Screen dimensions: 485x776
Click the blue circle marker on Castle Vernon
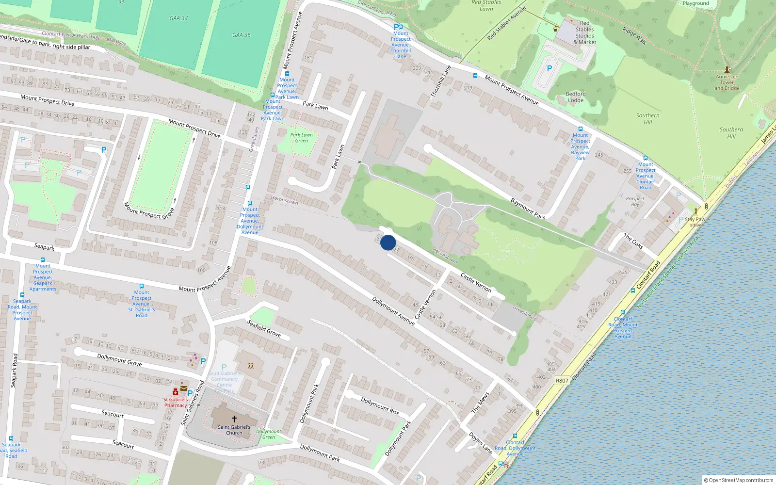click(388, 242)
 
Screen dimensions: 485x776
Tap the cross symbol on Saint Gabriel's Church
click(234, 419)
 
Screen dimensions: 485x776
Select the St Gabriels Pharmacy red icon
click(175, 392)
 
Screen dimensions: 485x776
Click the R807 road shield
click(562, 381)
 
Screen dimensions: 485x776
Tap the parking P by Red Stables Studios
click(550, 69)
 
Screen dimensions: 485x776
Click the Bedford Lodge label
click(576, 97)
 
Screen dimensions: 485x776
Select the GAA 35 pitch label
click(242, 35)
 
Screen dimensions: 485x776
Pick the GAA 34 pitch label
click(178, 18)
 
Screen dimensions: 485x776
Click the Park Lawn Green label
click(301, 138)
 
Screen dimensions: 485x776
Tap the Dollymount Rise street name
click(380, 406)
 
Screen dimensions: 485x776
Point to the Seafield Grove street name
click(264, 328)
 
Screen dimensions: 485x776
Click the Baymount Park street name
click(528, 208)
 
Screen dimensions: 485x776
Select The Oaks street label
click(633, 241)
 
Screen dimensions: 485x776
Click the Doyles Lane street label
click(481, 443)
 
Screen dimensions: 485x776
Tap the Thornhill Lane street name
click(441, 81)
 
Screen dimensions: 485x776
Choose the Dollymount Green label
click(269, 434)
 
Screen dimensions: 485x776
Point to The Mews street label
click(481, 403)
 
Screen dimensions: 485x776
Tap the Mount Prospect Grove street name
click(149, 210)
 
